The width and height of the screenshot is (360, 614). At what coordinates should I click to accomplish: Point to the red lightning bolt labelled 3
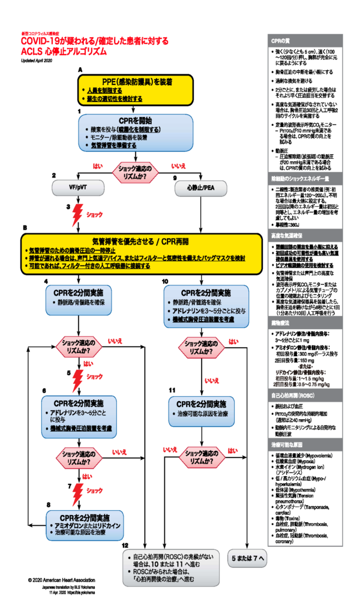point(77,214)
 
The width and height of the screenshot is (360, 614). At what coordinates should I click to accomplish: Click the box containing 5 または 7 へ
point(248,557)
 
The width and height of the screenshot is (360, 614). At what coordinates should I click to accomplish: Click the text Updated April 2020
point(41,61)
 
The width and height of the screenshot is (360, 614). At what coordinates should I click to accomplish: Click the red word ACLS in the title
point(34,51)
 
